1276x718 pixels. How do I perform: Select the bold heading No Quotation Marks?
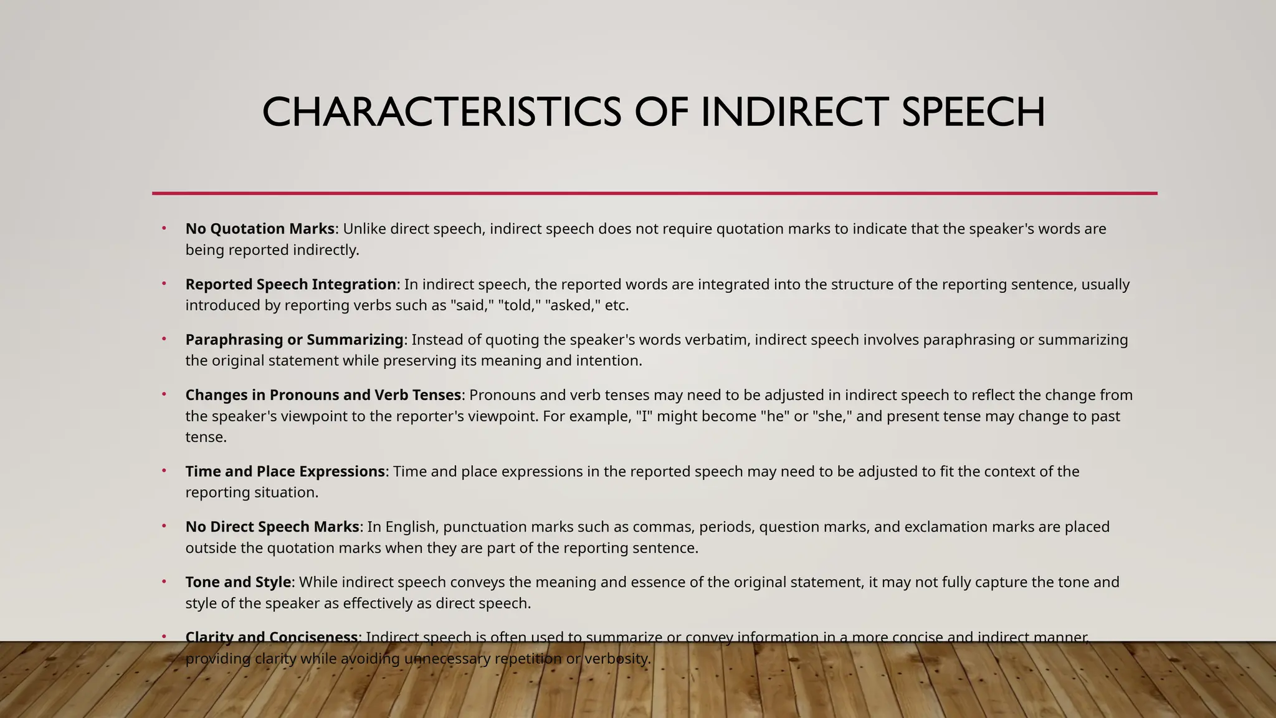coord(260,229)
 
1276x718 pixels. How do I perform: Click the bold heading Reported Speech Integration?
coord(290,284)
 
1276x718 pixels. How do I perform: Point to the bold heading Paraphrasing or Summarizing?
coord(294,340)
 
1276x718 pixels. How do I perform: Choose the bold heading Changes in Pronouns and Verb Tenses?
coord(323,395)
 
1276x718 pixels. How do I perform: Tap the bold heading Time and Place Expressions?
coord(285,471)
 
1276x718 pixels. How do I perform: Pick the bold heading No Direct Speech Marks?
coord(272,527)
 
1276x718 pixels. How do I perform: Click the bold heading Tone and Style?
coord(238,582)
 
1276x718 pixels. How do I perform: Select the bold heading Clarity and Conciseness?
coord(271,637)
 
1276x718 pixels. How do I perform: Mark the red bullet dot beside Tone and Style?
coord(164,581)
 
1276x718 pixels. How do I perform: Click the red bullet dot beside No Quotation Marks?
coord(164,227)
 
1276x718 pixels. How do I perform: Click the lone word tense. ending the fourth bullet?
coord(206,437)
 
